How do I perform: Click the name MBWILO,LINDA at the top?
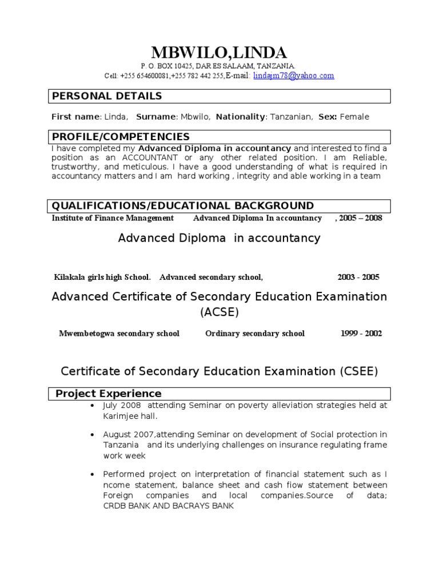pos(219,53)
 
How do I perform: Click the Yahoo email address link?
pos(293,76)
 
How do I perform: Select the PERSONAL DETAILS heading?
pos(107,96)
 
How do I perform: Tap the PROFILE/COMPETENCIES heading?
pos(121,137)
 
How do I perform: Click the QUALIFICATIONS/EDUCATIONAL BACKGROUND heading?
pos(182,206)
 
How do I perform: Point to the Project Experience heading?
pos(108,394)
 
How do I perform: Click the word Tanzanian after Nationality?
pos(291,117)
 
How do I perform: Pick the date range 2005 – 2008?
pos(360,218)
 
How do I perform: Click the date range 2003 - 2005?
pos(358,278)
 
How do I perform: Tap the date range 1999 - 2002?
pos(361,334)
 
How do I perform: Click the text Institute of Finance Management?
pos(113,218)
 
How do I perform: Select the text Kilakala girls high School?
pos(102,278)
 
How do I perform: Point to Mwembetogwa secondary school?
pos(119,334)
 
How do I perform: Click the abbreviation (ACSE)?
pos(219,312)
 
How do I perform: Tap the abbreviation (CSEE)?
pos(352,371)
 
